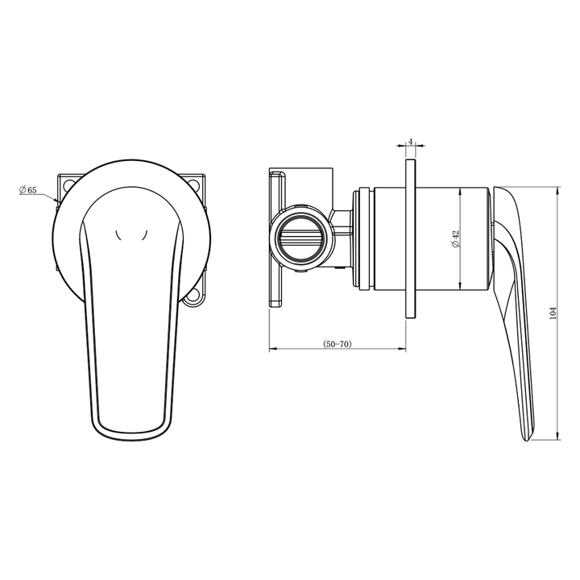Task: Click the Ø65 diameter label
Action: (x=27, y=190)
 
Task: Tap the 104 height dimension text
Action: (x=552, y=314)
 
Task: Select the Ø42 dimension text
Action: (x=455, y=238)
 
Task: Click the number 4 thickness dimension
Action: (x=411, y=142)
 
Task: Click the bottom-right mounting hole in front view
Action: (x=193, y=302)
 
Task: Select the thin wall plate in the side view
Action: (x=411, y=238)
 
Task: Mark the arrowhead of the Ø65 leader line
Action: (x=57, y=200)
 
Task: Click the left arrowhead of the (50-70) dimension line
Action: (x=271, y=350)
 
